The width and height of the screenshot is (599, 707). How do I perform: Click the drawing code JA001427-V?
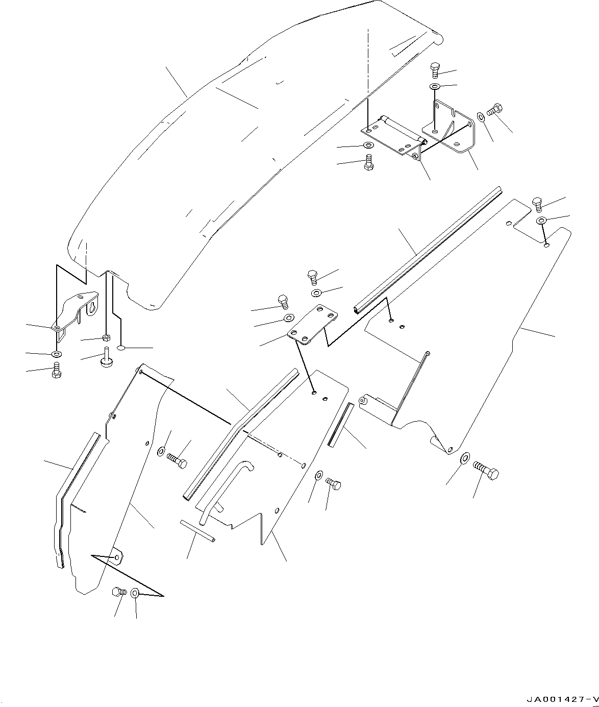coord(562,699)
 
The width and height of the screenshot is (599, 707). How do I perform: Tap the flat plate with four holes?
coord(313,324)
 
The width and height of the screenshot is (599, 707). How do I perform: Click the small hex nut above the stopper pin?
coord(106,337)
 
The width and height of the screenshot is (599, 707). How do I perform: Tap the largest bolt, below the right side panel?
coord(486,471)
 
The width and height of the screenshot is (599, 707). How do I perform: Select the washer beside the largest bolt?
coord(465,457)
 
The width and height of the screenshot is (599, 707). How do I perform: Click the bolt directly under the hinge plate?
coord(368,163)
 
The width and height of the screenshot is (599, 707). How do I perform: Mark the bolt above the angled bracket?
coord(435,70)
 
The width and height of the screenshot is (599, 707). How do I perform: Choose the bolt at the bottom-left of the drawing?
coord(119,592)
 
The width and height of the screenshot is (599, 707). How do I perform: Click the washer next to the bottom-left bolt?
coord(135,593)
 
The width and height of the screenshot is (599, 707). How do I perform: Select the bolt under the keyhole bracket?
coord(57,370)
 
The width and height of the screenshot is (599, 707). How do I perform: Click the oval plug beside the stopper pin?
coord(121,348)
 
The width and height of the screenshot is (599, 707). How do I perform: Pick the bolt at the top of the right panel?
coord(538,205)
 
